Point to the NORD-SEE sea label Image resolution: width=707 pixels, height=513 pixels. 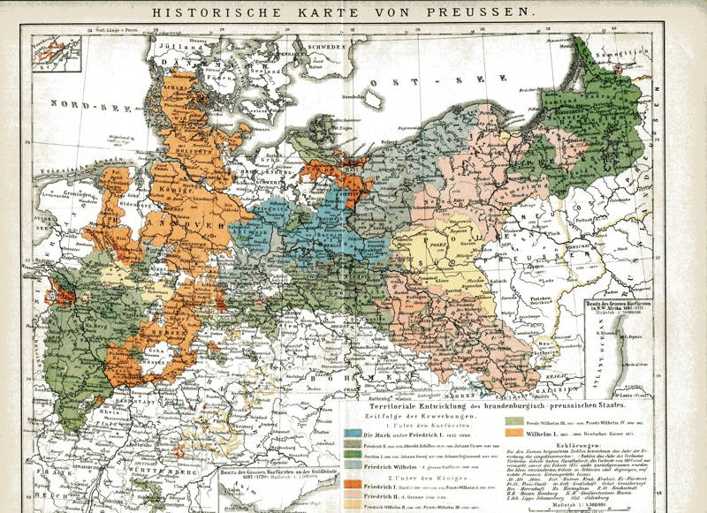(80, 107)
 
